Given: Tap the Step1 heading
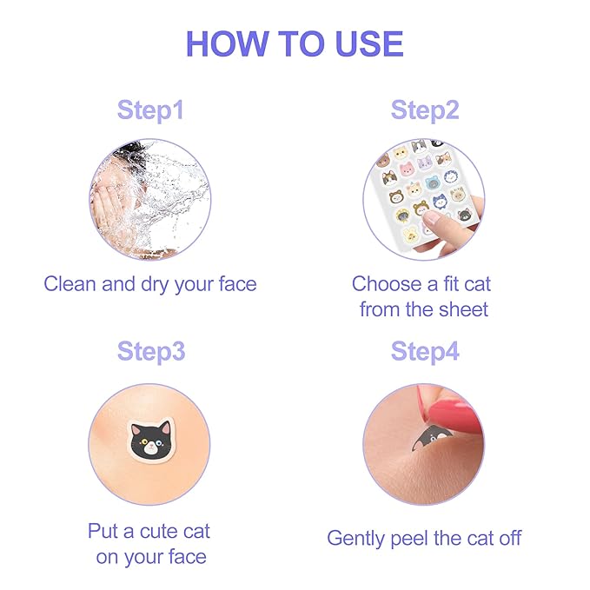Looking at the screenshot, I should click(150, 111).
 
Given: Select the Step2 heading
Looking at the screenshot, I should click(424, 111).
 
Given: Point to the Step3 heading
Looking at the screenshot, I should click(150, 352).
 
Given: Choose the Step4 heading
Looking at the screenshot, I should click(424, 352).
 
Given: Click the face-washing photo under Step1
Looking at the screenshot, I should click(149, 199).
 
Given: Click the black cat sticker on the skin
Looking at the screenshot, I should click(150, 440).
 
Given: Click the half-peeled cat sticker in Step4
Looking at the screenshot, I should click(426, 437).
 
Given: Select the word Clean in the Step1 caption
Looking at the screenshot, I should click(71, 284).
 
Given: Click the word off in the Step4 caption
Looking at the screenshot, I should click(508, 538).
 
